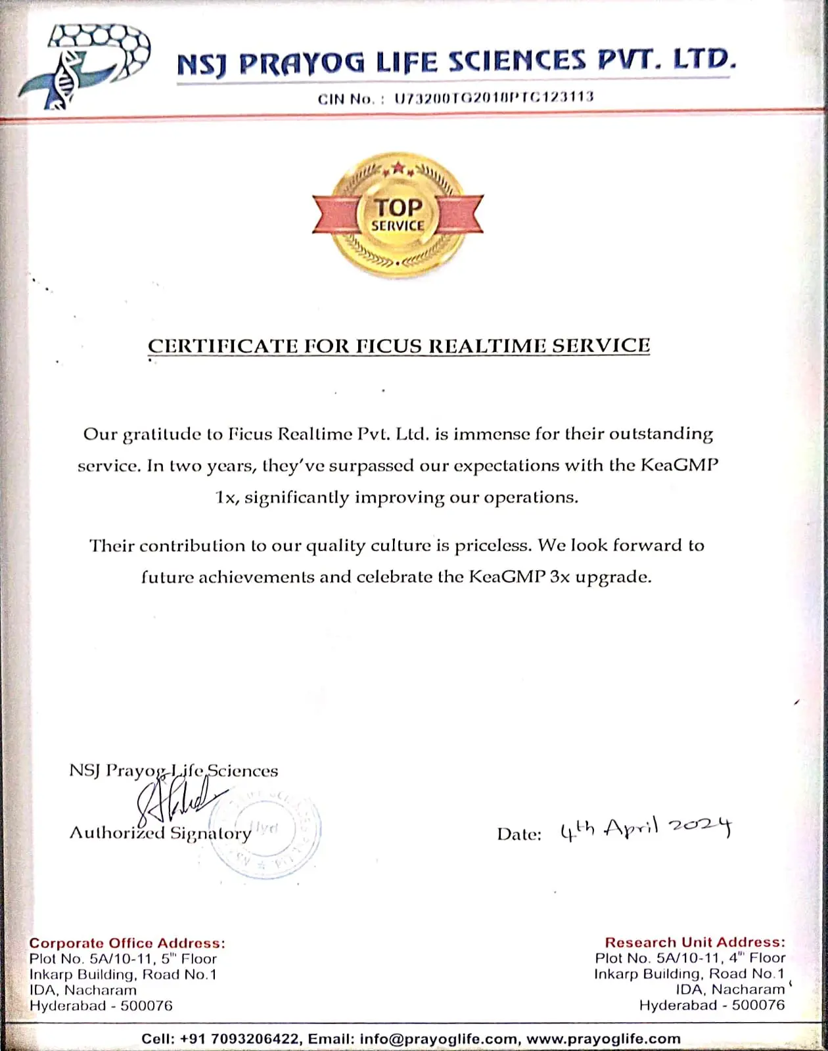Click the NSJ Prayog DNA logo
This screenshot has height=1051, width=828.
[x=83, y=64]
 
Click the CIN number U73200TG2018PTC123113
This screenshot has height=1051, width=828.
[x=494, y=98]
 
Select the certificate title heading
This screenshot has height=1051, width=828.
[x=399, y=346]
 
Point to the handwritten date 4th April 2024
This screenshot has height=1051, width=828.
[x=645, y=829]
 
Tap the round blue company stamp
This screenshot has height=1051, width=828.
[x=265, y=831]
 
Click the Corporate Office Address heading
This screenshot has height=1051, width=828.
[x=127, y=943]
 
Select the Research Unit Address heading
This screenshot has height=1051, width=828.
[x=695, y=943]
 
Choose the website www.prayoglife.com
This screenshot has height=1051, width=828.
[x=603, y=1039]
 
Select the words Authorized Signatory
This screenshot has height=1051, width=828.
[x=160, y=834]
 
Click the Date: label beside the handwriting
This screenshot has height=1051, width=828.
[x=519, y=834]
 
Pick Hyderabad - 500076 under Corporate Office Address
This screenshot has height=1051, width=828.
[x=101, y=1006]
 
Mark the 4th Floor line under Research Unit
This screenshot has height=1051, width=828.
[x=690, y=958]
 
